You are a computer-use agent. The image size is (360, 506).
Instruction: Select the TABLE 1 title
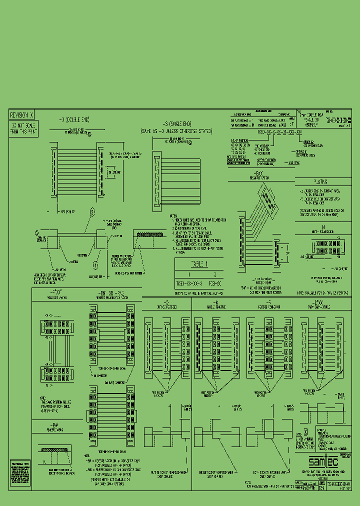coord(195,264)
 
